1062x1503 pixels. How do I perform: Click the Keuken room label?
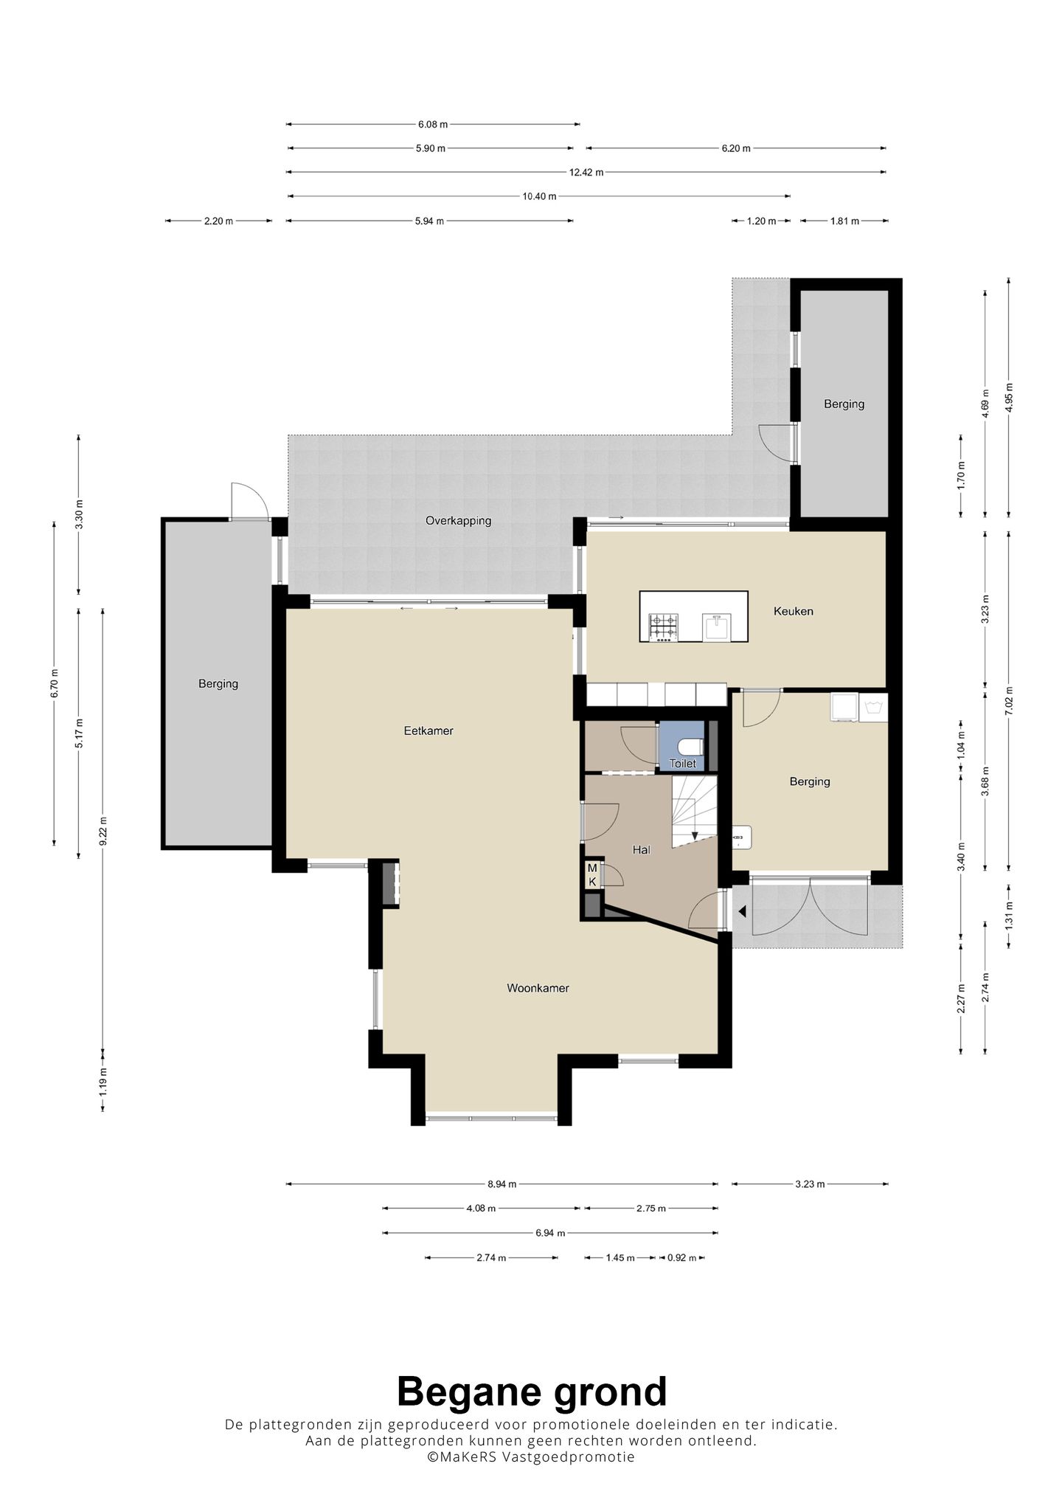pyautogui.click(x=793, y=611)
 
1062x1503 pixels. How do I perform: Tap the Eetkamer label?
pyautogui.click(x=428, y=730)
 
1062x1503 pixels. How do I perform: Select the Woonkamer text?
pyautogui.click(x=538, y=987)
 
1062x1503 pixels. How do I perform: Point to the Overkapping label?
pyautogui.click(x=458, y=520)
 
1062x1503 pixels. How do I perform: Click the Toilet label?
pyautogui.click(x=682, y=763)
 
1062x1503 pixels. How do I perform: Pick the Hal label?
pyautogui.click(x=641, y=849)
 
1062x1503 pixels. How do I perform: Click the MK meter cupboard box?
pyautogui.click(x=591, y=874)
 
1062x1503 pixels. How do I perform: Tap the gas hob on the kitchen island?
pyautogui.click(x=662, y=626)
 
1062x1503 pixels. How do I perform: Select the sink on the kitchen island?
pyautogui.click(x=718, y=626)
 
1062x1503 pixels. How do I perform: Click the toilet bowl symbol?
pyautogui.click(x=692, y=744)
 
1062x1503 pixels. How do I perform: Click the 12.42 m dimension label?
pyautogui.click(x=586, y=172)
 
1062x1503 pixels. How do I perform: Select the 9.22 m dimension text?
pyautogui.click(x=103, y=830)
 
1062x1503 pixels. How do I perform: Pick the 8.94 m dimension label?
pyautogui.click(x=502, y=1184)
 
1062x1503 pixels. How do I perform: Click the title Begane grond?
pyautogui.click(x=532, y=1392)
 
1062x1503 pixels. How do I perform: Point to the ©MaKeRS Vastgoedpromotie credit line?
pyautogui.click(x=531, y=1457)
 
